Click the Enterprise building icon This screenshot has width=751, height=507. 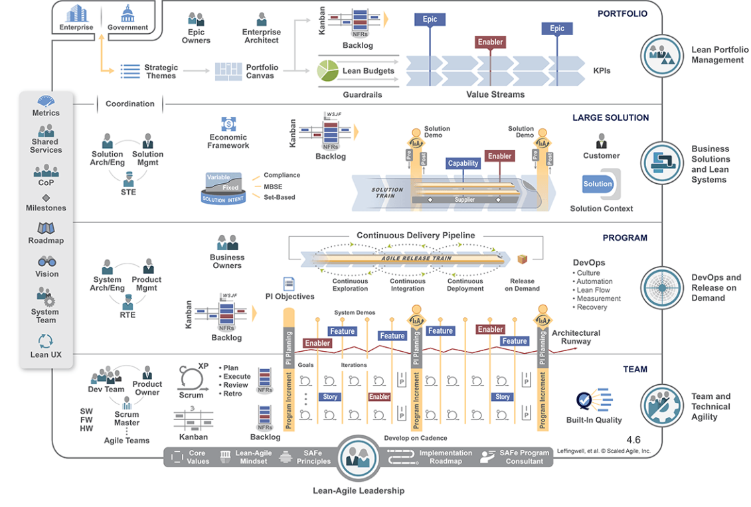click(76, 14)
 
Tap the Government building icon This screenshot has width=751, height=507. click(127, 13)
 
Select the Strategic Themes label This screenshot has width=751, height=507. click(161, 71)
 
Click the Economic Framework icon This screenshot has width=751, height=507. click(228, 124)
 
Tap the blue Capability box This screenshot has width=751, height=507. click(463, 163)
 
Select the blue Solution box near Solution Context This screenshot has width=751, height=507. click(597, 184)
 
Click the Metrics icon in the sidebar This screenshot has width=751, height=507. click(46, 102)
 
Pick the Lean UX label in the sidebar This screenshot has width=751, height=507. click(46, 354)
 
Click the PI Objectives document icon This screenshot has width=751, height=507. click(289, 284)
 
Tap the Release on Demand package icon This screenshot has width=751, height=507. click(523, 259)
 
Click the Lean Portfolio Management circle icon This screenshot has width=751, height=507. click(661, 55)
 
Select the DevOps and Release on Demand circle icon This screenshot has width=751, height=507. click(661, 287)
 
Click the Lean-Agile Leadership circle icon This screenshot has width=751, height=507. click(358, 457)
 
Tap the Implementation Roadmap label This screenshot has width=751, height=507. click(445, 457)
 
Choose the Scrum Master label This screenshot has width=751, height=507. click(126, 418)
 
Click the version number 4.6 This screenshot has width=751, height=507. click(633, 439)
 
